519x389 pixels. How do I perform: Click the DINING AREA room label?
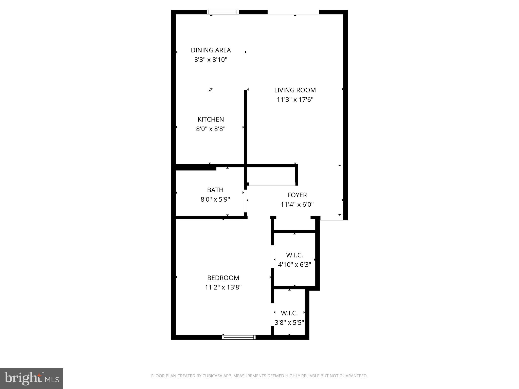tap(211, 50)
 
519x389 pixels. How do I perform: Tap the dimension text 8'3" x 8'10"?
tap(211, 60)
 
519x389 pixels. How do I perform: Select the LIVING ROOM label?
tap(295, 90)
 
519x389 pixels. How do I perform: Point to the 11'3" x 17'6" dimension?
tap(295, 100)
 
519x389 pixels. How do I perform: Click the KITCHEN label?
tap(211, 119)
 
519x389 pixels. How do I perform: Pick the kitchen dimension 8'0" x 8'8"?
tap(211, 129)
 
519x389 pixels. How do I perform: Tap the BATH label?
tap(215, 190)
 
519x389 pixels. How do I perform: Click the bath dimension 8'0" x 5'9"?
tap(215, 200)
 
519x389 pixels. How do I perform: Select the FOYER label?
tap(297, 195)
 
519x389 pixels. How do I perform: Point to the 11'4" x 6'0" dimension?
tap(297, 204)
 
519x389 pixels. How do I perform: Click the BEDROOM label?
tap(223, 278)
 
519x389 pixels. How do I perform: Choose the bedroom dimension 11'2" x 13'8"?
tap(223, 287)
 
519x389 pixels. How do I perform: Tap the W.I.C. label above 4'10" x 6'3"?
tap(294, 255)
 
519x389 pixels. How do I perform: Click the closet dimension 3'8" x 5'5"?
tap(289, 323)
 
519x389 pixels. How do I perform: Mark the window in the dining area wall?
tap(223, 12)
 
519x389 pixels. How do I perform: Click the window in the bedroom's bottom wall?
tap(238, 337)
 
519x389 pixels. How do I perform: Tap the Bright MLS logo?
tap(32, 378)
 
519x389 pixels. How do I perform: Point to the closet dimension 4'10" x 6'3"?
tap(294, 265)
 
